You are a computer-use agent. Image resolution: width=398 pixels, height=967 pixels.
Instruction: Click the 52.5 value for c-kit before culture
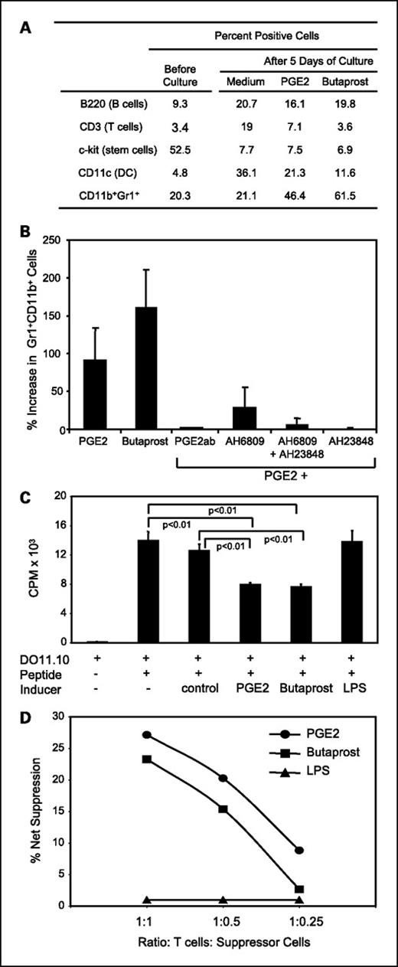182,150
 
